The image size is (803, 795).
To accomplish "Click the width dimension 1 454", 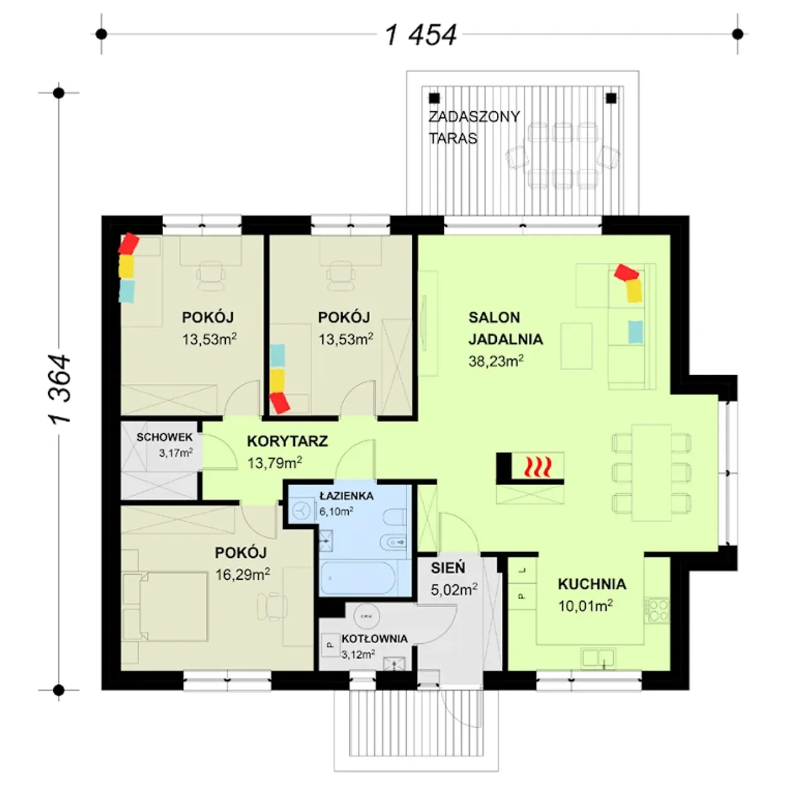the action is point(421,35).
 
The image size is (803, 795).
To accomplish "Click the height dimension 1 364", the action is point(60,390).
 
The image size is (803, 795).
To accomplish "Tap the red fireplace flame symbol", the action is point(538,466).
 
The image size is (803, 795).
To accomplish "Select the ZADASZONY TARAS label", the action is point(474,127).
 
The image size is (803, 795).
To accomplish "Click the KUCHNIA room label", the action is point(592,584).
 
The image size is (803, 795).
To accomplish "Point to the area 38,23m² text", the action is point(496,361).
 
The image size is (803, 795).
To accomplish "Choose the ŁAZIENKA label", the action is point(346,496).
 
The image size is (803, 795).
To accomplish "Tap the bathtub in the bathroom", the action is point(358,579).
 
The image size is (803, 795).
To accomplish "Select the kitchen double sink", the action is point(598,658).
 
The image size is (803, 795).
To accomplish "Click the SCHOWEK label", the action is point(164,437).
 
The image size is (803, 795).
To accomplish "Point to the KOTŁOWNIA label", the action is point(375,639).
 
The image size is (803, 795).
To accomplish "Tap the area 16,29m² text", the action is point(243,575).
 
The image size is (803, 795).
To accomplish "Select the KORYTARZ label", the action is point(287,441).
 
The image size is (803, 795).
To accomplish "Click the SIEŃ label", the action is point(448,568).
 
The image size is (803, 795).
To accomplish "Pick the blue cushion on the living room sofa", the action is point(635,332).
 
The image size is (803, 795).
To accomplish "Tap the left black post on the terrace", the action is point(434,99).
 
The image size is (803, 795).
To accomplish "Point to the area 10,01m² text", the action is point(585,606).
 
